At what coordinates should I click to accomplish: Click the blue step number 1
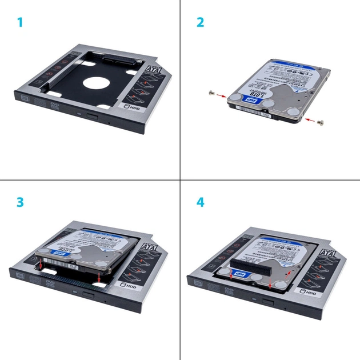20,23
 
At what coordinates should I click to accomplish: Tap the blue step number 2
200,23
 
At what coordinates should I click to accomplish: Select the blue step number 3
20,202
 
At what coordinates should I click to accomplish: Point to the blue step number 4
201,202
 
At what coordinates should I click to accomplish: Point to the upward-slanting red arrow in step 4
289,276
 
